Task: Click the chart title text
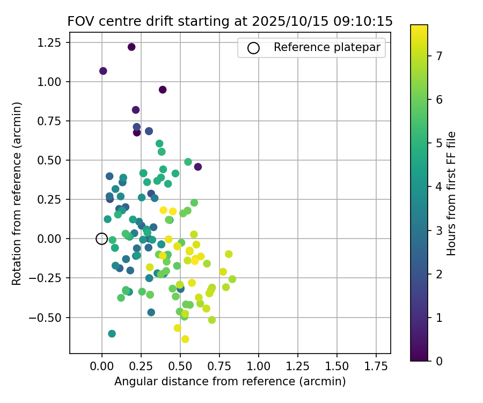click(x=230, y=21)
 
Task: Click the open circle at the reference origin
click(x=102, y=239)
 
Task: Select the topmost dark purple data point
click(x=131, y=47)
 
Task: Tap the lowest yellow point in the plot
click(x=185, y=339)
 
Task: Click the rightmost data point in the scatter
click(x=232, y=279)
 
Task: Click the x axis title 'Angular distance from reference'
click(x=230, y=382)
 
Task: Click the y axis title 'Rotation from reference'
click(x=18, y=193)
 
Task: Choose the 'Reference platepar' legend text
click(x=327, y=47)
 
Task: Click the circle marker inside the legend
click(x=253, y=48)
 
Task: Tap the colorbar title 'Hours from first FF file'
click(x=451, y=193)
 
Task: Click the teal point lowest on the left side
click(x=112, y=334)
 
